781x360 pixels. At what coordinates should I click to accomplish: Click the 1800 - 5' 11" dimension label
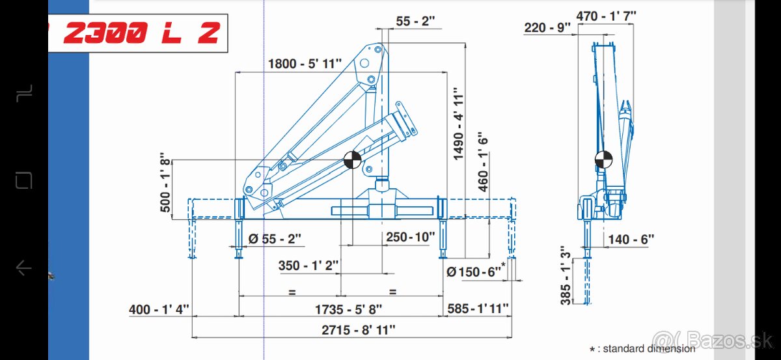(305, 64)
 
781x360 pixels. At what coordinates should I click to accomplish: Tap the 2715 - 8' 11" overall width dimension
(359, 330)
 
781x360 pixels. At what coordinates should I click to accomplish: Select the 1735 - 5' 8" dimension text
(348, 309)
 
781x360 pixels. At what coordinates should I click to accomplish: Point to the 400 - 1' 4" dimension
(159, 309)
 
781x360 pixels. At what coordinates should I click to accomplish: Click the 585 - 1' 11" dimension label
(478, 309)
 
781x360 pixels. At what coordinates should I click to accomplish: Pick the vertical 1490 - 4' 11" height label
(458, 124)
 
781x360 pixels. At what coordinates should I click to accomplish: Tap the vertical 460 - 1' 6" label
(483, 162)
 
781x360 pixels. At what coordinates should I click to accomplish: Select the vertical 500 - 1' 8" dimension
(165, 182)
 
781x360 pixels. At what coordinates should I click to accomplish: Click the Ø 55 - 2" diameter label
(275, 239)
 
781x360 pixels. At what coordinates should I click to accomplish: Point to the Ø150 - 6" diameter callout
(476, 271)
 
